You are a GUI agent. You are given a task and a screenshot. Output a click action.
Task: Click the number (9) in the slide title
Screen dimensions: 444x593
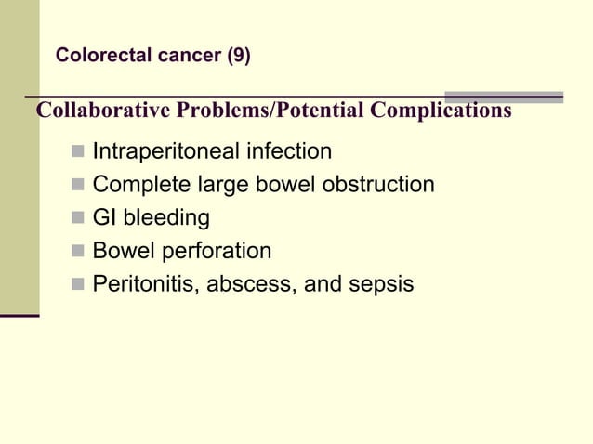coord(238,56)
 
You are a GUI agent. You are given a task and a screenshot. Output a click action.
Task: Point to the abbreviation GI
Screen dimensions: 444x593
coord(104,218)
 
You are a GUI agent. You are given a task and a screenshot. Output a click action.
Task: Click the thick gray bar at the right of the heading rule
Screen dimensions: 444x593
coord(504,97)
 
